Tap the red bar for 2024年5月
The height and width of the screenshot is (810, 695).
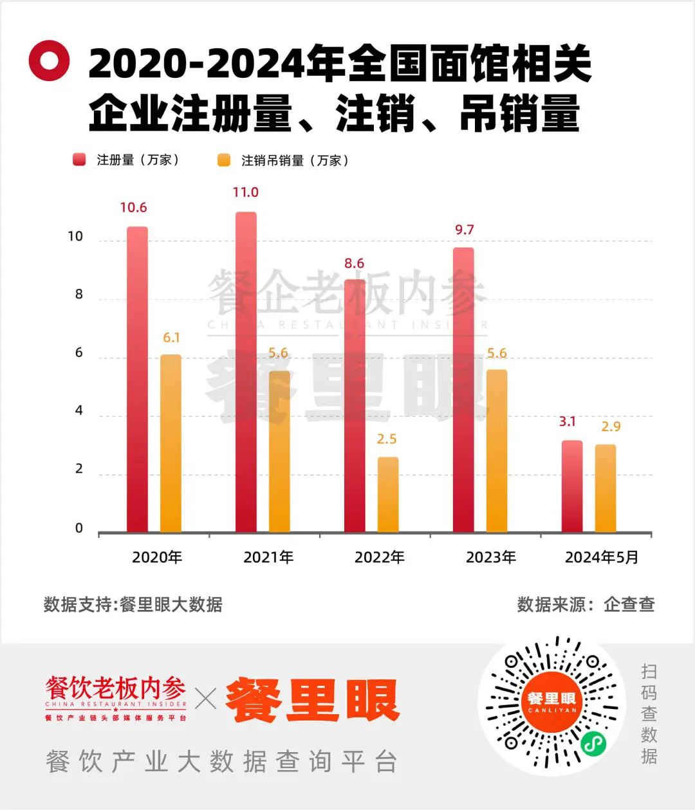click(572, 486)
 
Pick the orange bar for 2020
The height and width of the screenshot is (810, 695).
click(171, 443)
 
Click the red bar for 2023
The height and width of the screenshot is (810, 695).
click(463, 390)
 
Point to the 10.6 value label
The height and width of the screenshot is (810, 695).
click(133, 207)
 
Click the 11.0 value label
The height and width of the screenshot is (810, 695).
click(245, 192)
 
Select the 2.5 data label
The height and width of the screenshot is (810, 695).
click(387, 439)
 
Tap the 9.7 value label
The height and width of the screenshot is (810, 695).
click(464, 230)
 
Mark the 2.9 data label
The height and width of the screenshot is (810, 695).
click(611, 426)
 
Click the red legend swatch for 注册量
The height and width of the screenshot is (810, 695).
click(79, 160)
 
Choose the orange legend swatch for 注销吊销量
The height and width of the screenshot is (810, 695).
click(224, 160)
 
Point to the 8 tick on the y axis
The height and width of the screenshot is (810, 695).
click(79, 295)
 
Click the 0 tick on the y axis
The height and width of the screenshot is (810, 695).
click(79, 528)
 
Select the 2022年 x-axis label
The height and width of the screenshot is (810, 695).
click(380, 557)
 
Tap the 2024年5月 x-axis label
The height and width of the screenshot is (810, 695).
click(602, 557)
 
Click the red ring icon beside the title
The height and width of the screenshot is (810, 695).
click(49, 61)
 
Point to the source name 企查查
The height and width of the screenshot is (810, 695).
click(629, 604)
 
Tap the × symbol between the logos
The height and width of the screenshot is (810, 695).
click(206, 699)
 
